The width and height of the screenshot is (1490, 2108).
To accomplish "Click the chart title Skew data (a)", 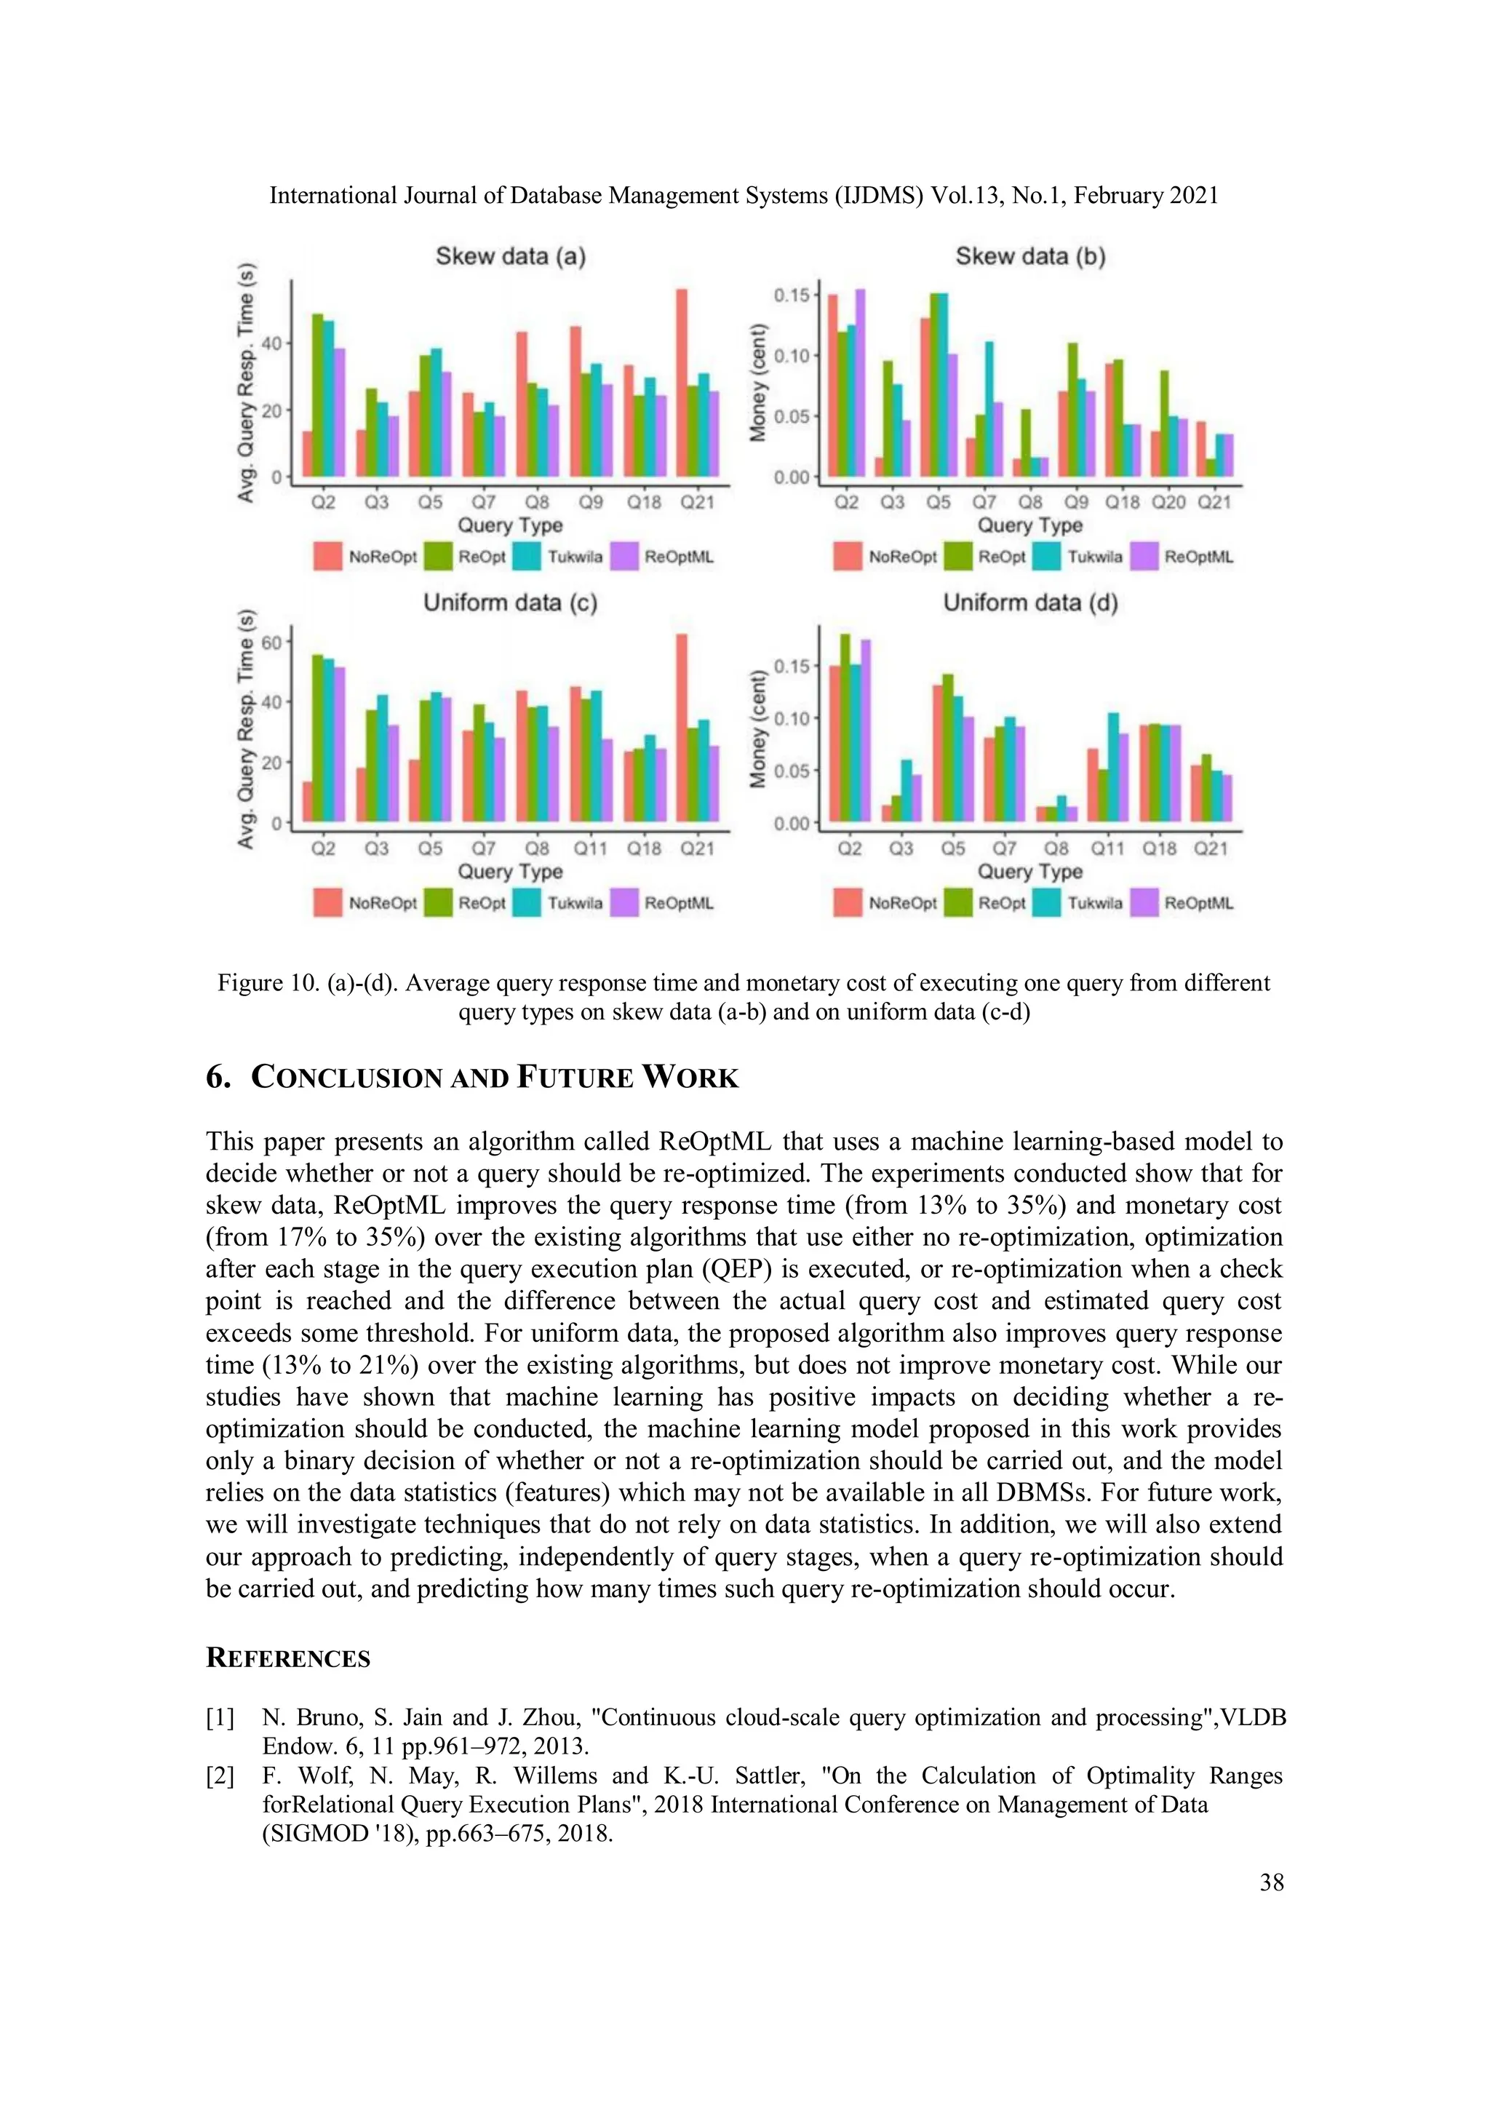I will (511, 256).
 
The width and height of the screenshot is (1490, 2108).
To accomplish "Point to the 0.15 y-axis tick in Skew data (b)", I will (792, 295).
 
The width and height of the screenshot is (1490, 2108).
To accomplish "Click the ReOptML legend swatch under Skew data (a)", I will (624, 557).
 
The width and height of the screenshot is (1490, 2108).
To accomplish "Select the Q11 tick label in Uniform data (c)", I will (590, 848).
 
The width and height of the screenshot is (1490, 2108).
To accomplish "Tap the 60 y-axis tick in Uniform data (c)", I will (272, 642).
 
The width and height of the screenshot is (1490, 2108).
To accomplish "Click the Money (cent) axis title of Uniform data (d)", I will (758, 729).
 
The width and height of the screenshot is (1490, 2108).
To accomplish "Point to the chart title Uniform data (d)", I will (1030, 603).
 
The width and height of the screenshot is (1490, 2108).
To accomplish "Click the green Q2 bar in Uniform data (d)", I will (845, 725).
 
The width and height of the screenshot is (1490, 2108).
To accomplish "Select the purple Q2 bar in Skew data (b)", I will (860, 383).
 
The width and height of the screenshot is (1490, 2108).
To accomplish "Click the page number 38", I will (1272, 1882).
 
